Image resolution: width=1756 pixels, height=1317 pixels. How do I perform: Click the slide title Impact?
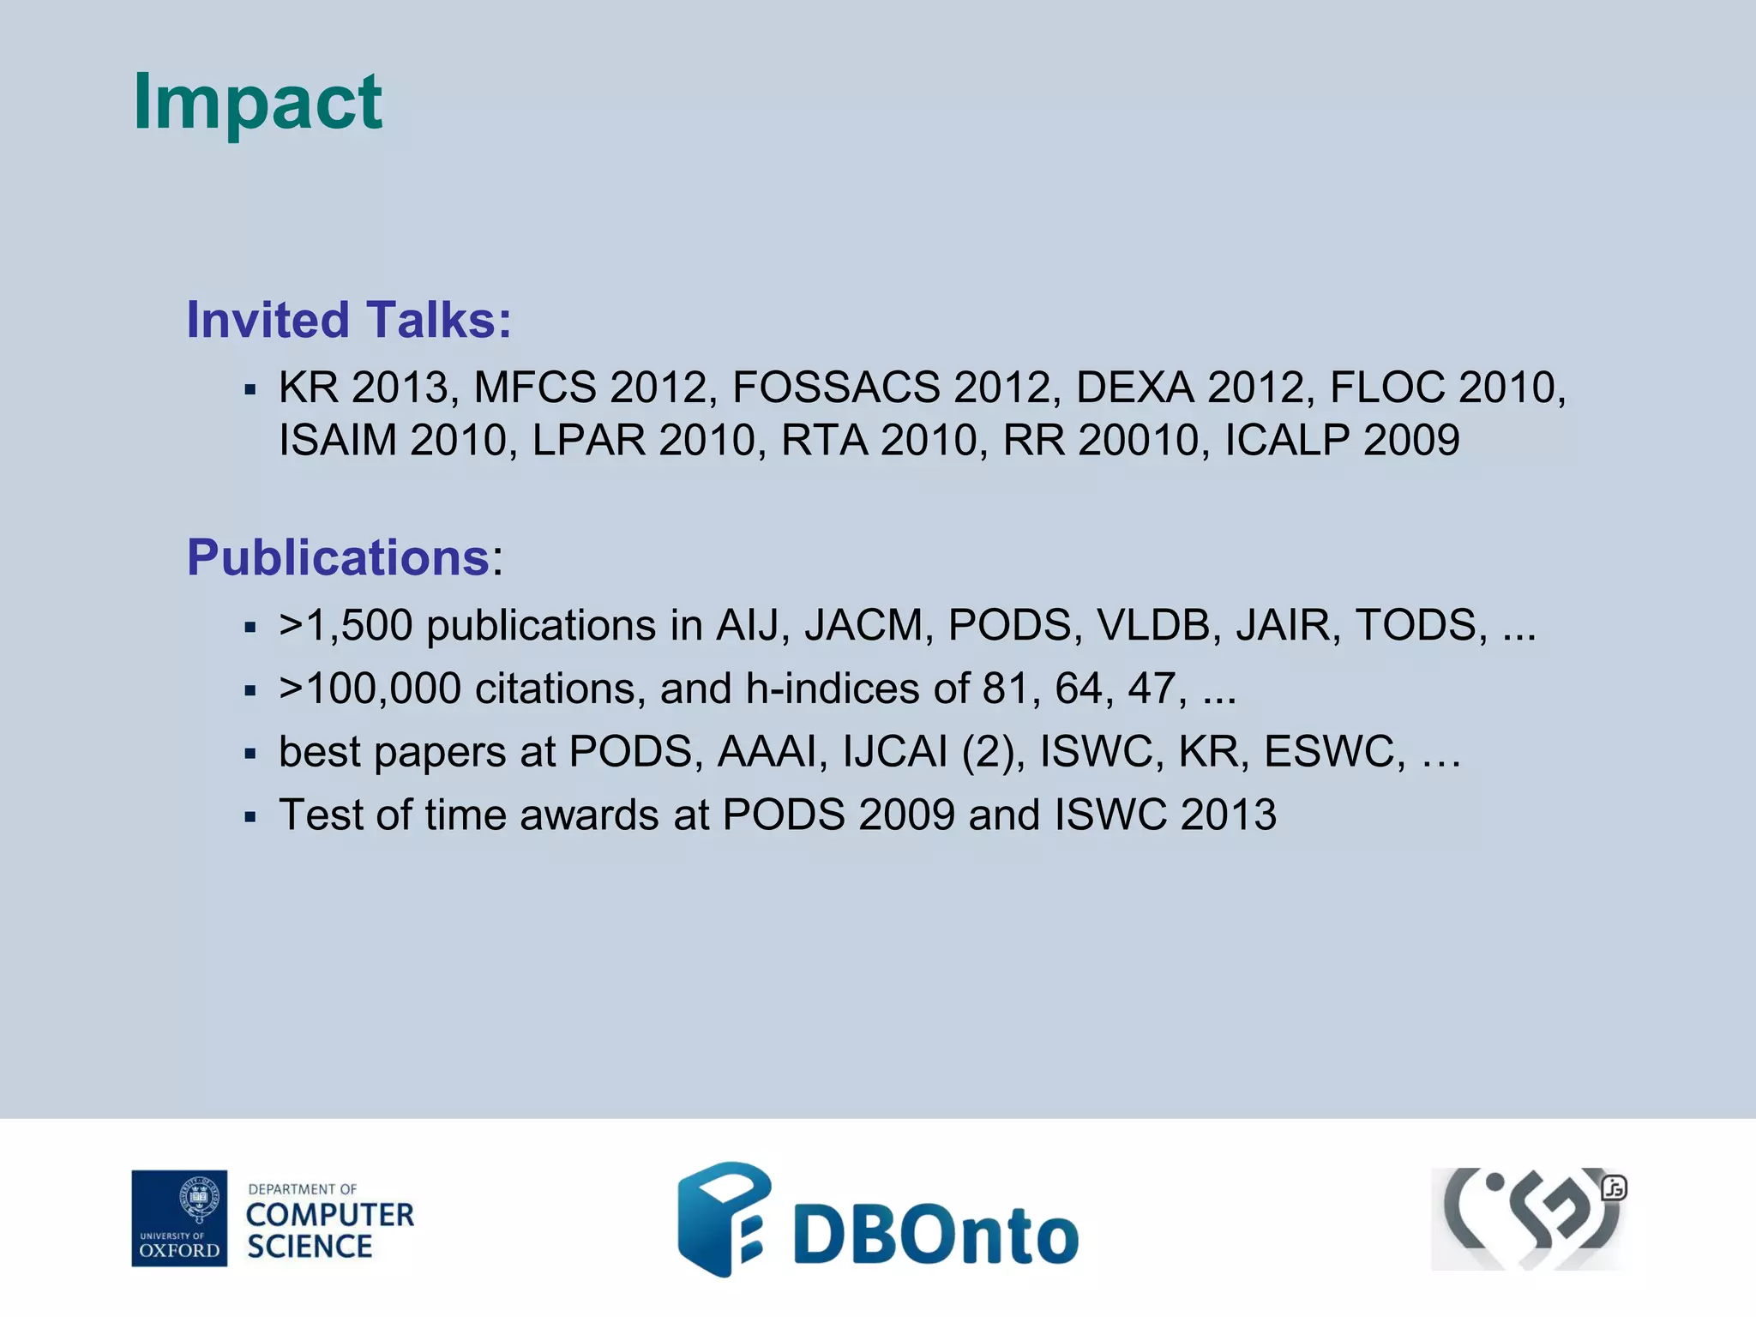(x=257, y=103)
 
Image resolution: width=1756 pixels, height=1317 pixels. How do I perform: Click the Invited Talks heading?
(x=349, y=320)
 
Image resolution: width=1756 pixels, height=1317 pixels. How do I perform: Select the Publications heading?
(x=339, y=557)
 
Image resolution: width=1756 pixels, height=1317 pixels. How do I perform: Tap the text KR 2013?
(x=364, y=388)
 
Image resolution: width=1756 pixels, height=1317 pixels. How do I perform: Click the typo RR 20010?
(x=1100, y=441)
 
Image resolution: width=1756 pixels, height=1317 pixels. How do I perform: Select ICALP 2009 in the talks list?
(x=1342, y=441)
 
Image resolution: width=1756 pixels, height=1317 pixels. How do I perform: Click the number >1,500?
(x=346, y=625)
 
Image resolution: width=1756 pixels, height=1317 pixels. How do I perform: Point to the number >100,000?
(x=370, y=689)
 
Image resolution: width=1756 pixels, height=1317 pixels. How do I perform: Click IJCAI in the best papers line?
(x=894, y=752)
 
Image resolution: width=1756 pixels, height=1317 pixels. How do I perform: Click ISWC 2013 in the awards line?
(x=1165, y=815)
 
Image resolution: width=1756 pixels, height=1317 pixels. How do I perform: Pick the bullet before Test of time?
(x=250, y=818)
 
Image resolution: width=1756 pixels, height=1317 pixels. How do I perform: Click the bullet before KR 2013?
(x=250, y=391)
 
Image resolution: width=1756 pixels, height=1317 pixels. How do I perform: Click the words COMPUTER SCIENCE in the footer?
(x=329, y=1230)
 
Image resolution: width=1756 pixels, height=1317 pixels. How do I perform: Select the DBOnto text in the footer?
(x=935, y=1235)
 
